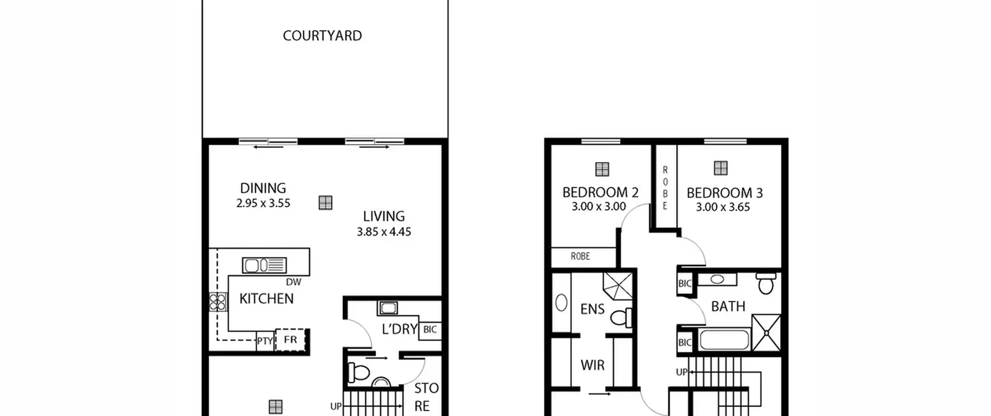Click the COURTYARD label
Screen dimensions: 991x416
tap(322, 36)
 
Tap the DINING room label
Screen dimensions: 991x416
tap(263, 188)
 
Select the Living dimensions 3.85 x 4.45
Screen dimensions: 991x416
tap(384, 232)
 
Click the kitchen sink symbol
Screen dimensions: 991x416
tap(264, 265)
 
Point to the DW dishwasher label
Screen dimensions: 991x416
tap(293, 282)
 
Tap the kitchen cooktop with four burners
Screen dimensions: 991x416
tap(218, 302)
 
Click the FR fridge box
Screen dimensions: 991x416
tap(291, 340)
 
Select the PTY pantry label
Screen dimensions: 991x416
tap(265, 341)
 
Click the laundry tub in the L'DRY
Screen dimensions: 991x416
tap(387, 308)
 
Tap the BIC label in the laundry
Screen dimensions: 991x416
tap(430, 330)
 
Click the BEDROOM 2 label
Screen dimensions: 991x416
tap(600, 192)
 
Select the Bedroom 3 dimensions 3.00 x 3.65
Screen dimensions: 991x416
tap(723, 207)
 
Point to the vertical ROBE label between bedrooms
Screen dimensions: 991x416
tap(665, 188)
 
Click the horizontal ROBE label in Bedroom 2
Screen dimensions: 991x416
tap(580, 256)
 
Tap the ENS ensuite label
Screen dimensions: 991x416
tap(592, 309)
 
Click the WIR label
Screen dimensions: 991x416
tap(592, 365)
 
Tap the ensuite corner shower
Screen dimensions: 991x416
tap(618, 286)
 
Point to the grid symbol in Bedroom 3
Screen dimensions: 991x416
tap(720, 168)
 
